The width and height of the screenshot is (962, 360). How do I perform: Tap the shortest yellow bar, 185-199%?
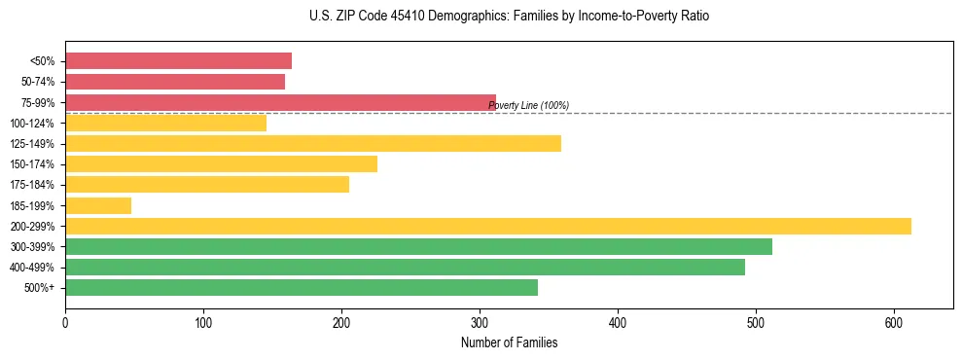coord(98,205)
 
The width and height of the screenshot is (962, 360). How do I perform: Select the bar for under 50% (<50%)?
coord(178,61)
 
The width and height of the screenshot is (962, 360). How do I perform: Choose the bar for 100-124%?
coord(165,123)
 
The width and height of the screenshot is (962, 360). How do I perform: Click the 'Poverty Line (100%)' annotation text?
coord(528,105)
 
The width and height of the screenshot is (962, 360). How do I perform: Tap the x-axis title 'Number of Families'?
coord(509,342)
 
